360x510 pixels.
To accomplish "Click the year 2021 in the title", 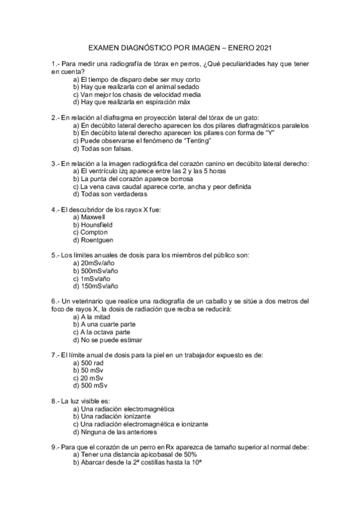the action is coord(263,47).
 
